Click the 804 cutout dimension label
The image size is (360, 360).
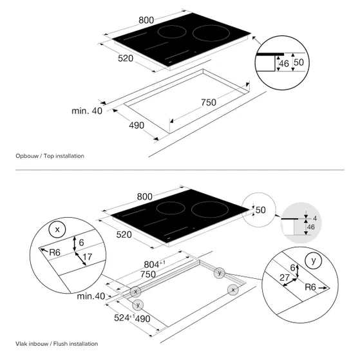tap(155, 264)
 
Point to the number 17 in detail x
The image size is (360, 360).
tap(87, 257)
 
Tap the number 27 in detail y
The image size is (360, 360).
tap(285, 278)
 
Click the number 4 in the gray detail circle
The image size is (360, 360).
tap(315, 218)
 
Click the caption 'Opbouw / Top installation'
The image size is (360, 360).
tap(50, 156)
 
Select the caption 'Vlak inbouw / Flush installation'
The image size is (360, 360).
tap(57, 344)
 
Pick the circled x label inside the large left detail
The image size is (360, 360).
tap(57, 229)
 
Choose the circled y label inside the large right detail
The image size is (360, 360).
tap(314, 260)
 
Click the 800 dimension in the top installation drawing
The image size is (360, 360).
tap(146, 20)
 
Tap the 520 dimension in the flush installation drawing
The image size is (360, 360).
tap(124, 234)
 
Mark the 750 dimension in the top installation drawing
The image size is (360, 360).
tap(209, 102)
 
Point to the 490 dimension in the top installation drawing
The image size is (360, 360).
tap(137, 126)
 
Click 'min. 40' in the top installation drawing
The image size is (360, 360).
tap(87, 111)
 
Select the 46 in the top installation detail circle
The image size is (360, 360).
tap(284, 64)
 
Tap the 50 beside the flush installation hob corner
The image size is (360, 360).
tap(261, 210)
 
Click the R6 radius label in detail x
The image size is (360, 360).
tap(55, 252)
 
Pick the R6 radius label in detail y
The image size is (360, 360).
tap(310, 287)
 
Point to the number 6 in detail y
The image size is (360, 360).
tap(292, 267)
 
